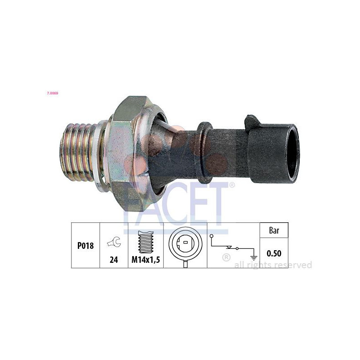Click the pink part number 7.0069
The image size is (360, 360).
(53, 93)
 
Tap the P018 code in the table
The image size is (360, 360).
(85, 246)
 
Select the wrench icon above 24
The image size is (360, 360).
(114, 242)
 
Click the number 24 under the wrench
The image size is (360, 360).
(114, 260)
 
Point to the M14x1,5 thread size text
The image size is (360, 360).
(145, 260)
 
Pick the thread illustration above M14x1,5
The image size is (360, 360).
(146, 242)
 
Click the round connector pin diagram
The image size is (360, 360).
(185, 245)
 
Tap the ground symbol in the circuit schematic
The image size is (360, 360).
(253, 258)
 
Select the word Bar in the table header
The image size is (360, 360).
(274, 230)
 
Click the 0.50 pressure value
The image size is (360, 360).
(274, 253)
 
